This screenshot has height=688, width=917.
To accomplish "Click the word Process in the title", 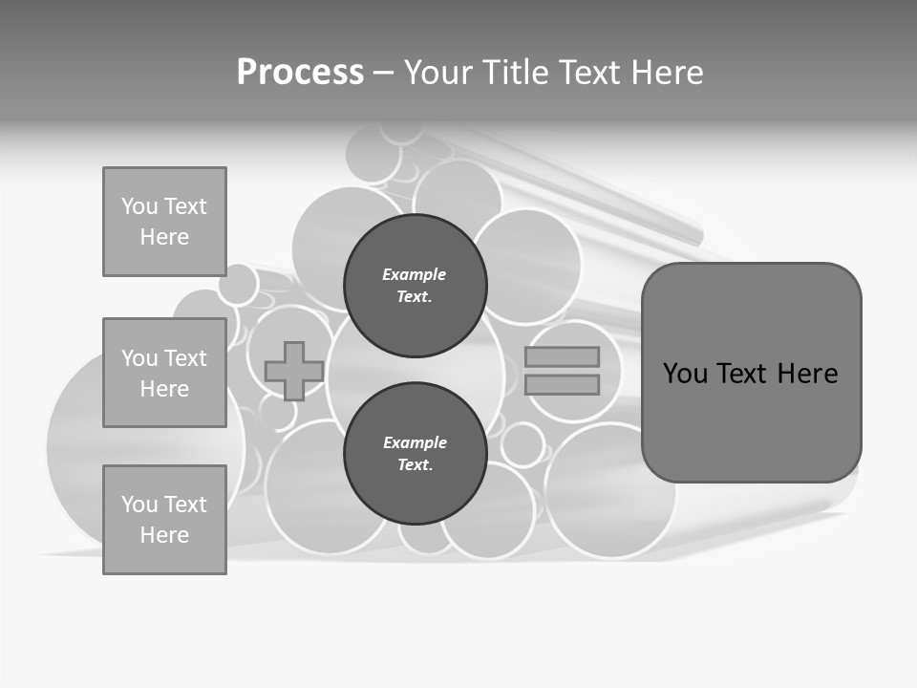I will [300, 72].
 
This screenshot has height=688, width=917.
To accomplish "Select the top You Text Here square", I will [164, 222].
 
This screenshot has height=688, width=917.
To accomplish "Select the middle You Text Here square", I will [164, 373].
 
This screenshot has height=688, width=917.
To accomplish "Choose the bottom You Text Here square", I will [164, 519].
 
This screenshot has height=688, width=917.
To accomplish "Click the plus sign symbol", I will [293, 371].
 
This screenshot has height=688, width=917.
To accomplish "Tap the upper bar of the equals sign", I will [562, 356].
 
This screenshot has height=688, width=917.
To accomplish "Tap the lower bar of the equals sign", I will [562, 385].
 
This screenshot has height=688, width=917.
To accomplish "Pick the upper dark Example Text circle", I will [415, 285].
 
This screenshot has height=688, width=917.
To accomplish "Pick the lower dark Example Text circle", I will [415, 453].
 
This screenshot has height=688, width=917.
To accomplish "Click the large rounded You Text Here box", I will [751, 373].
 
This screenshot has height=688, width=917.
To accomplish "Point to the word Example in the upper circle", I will [414, 274].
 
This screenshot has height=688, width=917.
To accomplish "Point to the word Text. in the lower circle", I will [415, 464].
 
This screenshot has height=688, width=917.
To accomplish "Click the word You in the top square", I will [139, 206].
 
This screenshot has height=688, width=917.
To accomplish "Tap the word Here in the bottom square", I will [164, 535].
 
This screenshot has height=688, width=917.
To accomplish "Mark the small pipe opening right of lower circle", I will [522, 445].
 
